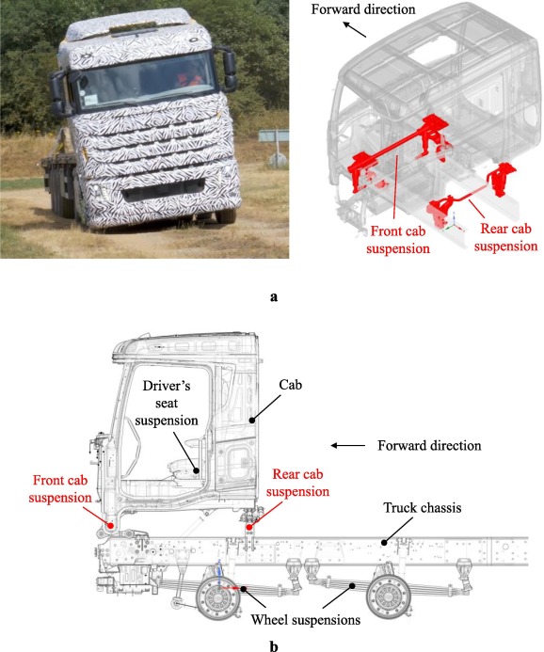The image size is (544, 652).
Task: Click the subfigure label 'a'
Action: pos(274,297)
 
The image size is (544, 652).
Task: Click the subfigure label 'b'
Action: pos(274,646)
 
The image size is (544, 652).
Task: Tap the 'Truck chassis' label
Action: pos(423,508)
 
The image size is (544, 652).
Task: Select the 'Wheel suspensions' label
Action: pos(306,620)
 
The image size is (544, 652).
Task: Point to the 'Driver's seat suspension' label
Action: pos(167,403)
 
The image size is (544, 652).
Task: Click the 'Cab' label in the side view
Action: pos(290,385)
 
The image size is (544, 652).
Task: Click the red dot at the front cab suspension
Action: pos(111,525)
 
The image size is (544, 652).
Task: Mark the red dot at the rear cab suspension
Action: pos(249,527)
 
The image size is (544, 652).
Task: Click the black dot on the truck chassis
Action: pos(384,542)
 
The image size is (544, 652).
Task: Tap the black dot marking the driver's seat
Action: pos(198,470)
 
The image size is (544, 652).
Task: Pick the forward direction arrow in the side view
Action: pos(347,446)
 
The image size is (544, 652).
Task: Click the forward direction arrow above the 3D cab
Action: pos(354,29)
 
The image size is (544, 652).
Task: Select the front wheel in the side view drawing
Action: pos(218,597)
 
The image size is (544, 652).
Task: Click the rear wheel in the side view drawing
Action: pos(389,596)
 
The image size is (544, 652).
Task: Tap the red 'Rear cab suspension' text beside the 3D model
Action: pos(505,237)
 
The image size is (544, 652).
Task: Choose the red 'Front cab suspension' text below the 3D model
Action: pos(398,240)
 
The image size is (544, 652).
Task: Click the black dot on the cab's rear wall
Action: pos(251,420)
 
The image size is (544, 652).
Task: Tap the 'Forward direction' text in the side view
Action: pos(429,446)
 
